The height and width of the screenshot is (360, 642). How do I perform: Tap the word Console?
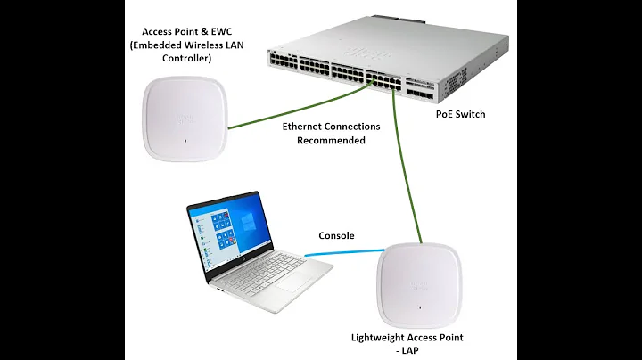coord(336,236)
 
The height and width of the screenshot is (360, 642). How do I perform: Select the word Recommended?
coord(331,141)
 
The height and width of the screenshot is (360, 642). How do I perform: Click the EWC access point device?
coord(184,117)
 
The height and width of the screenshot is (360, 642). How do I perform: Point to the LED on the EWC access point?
coord(184,140)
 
